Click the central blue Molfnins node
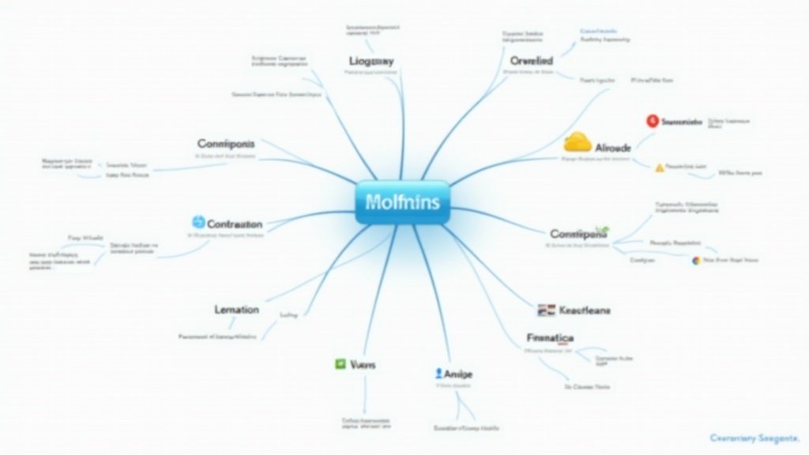click(x=402, y=202)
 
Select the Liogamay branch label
click(x=371, y=61)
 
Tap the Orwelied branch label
click(x=531, y=60)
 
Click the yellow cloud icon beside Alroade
click(x=578, y=142)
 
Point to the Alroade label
click(x=612, y=147)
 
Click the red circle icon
click(x=652, y=121)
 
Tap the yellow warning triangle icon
click(x=660, y=167)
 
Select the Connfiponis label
click(x=226, y=145)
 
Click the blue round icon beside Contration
click(x=198, y=223)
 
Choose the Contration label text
click(x=235, y=224)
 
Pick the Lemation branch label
click(x=236, y=310)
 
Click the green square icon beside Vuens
click(x=340, y=364)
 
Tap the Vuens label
click(x=362, y=365)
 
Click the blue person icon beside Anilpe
click(x=438, y=373)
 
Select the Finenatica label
click(x=550, y=338)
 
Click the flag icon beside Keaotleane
click(x=545, y=310)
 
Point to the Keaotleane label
click(x=585, y=310)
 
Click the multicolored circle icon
click(x=695, y=260)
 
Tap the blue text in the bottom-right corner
click(x=754, y=438)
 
